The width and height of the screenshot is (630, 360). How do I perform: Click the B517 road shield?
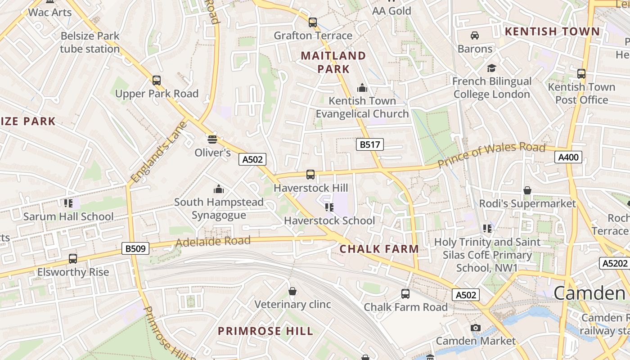(x=370, y=144)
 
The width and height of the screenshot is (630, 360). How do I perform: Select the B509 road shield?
(x=135, y=248)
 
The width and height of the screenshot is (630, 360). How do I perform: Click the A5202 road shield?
(x=614, y=263)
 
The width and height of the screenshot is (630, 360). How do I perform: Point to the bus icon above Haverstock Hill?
(x=310, y=175)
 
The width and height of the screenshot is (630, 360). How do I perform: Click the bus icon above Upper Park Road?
(x=157, y=81)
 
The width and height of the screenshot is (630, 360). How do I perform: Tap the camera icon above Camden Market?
(x=475, y=328)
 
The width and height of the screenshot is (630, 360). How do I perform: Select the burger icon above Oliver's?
(x=212, y=139)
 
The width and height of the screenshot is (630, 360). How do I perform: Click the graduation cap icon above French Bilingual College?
(x=491, y=68)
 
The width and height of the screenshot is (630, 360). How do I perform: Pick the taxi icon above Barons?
(x=475, y=36)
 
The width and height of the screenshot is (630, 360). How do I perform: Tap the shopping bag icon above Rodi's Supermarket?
(x=527, y=191)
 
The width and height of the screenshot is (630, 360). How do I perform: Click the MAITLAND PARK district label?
(x=333, y=62)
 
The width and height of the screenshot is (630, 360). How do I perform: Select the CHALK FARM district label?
(x=379, y=249)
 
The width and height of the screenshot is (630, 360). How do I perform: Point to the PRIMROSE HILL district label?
(x=265, y=331)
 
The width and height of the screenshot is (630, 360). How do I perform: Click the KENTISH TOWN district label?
(x=552, y=31)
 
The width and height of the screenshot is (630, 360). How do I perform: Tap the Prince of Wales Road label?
(x=491, y=154)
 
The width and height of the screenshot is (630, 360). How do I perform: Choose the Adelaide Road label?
(x=212, y=241)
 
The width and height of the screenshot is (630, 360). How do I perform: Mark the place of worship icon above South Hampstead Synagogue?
(x=219, y=189)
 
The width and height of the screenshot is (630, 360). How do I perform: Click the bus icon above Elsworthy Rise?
(x=73, y=259)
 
